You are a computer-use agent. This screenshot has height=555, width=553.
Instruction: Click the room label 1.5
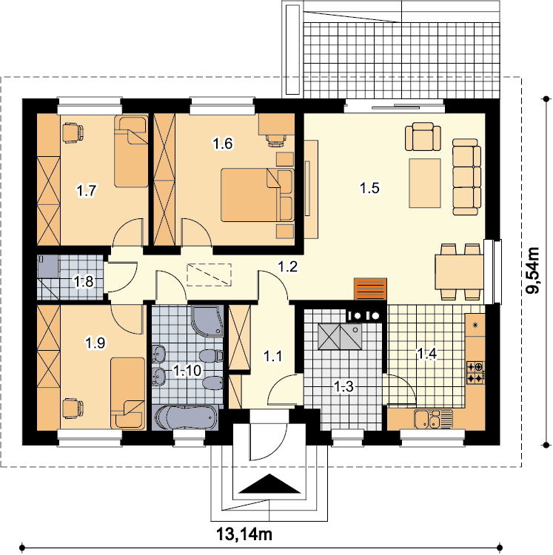pyautogui.click(x=369, y=188)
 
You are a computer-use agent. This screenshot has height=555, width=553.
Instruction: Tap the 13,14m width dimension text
pyautogui.click(x=244, y=534)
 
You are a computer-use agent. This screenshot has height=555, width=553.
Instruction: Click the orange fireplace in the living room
pyautogui.click(x=370, y=289)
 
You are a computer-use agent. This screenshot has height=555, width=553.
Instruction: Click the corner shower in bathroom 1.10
pyautogui.click(x=208, y=320)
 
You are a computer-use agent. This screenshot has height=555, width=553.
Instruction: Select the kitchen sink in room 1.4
pyautogui.click(x=433, y=420)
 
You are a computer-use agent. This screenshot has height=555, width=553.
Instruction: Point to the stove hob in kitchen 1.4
pyautogui.click(x=475, y=373)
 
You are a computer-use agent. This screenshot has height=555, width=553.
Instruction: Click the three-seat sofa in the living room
pyautogui.click(x=466, y=177)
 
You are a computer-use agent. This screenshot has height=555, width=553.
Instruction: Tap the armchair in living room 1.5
pyautogui.click(x=423, y=137)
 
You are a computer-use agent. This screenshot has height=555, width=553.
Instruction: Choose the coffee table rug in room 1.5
pyautogui.click(x=425, y=183)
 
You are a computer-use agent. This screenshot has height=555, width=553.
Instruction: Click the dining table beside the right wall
pyautogui.click(x=459, y=272)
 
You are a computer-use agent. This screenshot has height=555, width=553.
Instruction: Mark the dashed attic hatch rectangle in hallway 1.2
pyautogui.click(x=209, y=275)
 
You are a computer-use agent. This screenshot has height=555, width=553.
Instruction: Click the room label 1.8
pyautogui.click(x=84, y=282)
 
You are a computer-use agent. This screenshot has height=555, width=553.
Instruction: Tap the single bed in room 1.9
pyautogui.click(x=128, y=394)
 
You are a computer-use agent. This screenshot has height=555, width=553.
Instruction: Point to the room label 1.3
pyautogui.click(x=343, y=386)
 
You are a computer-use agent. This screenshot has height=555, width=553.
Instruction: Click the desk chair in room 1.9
pyautogui.click(x=73, y=408)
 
